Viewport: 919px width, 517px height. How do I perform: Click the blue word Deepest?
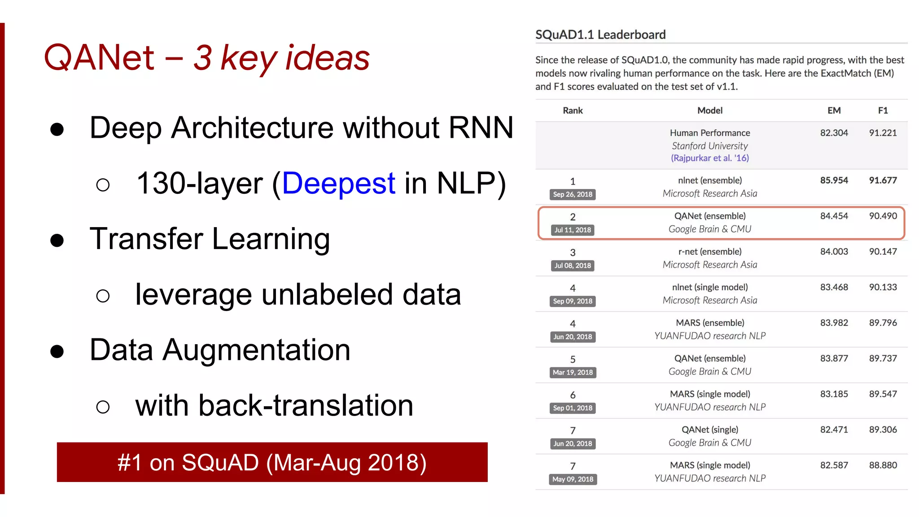coord(338,183)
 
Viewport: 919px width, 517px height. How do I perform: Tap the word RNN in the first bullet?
coord(481,128)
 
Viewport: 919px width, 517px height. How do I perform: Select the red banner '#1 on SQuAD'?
coord(272,462)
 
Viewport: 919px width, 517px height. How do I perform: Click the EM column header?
coord(834,110)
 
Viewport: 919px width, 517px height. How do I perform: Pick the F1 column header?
coord(883,110)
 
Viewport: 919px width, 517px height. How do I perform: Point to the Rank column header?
coord(573,110)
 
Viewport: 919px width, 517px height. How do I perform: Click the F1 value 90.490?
coord(883,216)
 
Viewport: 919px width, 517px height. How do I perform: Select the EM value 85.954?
coord(834,180)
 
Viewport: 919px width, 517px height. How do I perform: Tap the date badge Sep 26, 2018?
coord(573,194)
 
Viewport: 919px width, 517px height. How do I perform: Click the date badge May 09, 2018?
coord(573,479)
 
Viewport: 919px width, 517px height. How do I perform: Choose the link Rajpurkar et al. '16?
coord(709,158)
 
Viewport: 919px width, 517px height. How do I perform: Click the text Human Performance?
coord(709,133)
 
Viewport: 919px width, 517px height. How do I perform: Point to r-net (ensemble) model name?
coord(709,252)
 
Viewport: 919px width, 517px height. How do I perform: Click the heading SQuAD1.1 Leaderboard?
coord(600,35)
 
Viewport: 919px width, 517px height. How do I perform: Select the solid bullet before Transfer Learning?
coord(57,241)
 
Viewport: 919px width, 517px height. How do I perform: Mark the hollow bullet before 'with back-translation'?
coord(103,407)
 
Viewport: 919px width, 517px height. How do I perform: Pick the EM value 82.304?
coord(834,133)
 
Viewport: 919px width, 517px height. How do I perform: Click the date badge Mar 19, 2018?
coord(573,372)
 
